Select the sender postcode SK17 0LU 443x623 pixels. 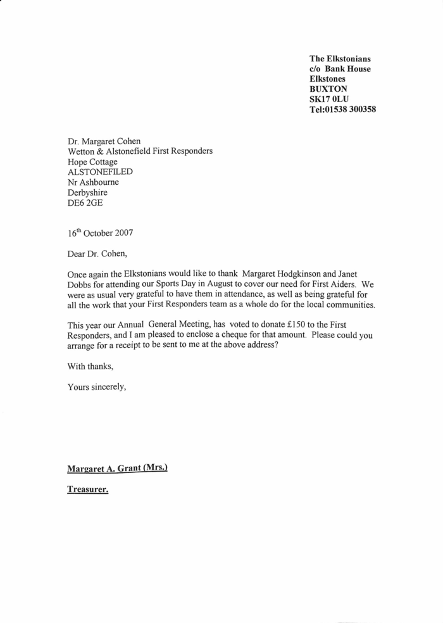point(329,99)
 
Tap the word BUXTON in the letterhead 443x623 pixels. point(328,89)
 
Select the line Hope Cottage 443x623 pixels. point(94,161)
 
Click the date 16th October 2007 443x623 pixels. point(101,232)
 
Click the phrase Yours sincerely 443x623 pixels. point(97,387)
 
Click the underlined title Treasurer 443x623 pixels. point(88,489)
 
